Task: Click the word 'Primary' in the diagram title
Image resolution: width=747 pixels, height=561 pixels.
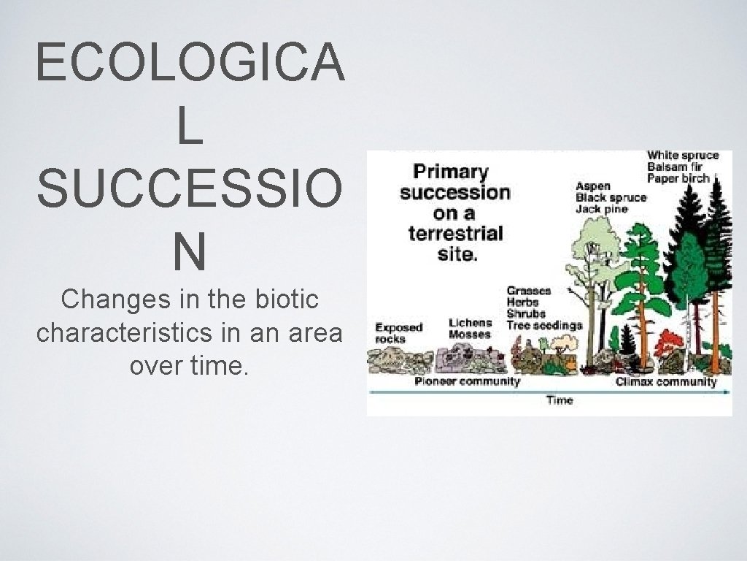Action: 451,172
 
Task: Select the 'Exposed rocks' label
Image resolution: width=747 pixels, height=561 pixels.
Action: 399,333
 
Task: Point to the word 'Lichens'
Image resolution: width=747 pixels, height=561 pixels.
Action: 471,322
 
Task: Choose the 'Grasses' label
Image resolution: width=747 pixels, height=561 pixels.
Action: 530,291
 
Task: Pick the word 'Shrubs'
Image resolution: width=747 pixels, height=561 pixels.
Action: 525,314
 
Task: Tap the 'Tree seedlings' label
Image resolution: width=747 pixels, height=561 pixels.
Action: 544,325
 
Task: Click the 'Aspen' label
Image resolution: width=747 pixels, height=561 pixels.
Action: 593,186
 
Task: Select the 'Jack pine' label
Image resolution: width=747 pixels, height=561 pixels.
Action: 602,210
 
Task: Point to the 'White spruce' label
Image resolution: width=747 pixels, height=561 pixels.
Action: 683,155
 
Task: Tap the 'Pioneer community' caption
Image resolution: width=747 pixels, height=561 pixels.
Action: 468,381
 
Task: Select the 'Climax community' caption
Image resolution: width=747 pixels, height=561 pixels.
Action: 666,381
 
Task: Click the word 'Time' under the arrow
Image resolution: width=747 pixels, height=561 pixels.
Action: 559,400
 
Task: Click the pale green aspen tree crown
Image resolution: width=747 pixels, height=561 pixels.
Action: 592,241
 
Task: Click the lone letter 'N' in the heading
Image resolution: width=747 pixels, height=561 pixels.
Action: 188,252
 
